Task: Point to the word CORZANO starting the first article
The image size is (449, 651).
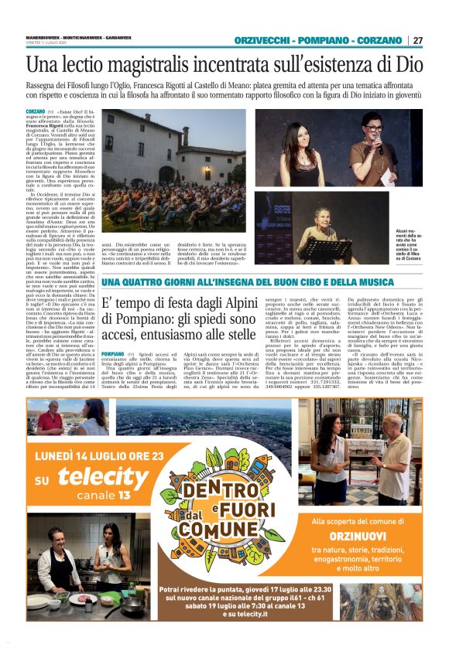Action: pyautogui.click(x=36, y=111)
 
